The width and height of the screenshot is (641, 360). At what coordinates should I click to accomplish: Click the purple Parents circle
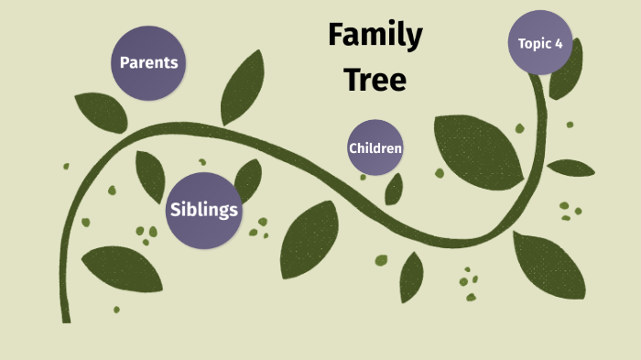(x=148, y=63)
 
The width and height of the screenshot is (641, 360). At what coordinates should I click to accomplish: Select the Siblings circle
(x=203, y=210)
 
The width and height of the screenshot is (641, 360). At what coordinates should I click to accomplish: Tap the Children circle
(x=375, y=147)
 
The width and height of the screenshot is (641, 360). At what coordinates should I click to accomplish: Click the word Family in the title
(x=375, y=36)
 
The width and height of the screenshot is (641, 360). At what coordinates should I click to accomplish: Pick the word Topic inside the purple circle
(x=535, y=43)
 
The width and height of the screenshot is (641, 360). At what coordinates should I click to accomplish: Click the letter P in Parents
(x=125, y=63)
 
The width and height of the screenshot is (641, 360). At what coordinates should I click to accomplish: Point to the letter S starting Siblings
(x=175, y=210)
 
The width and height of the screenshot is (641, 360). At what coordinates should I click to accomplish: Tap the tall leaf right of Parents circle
(x=242, y=86)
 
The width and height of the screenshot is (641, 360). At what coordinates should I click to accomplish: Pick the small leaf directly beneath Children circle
(x=394, y=189)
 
